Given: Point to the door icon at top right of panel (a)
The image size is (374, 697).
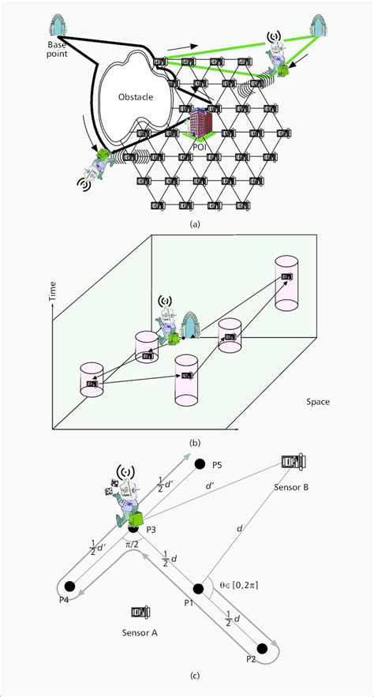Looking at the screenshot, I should pyautogui.click(x=320, y=25).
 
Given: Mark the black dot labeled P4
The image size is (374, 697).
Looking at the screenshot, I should pyautogui.click(x=70, y=586).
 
